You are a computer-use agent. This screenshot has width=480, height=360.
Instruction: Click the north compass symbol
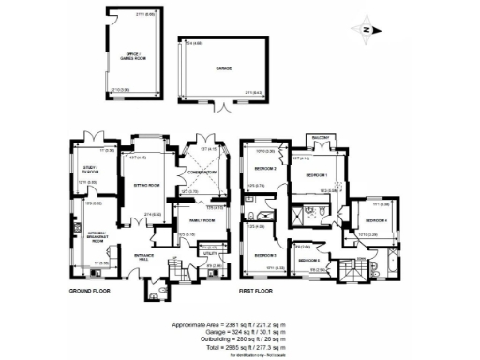click(x=365, y=28)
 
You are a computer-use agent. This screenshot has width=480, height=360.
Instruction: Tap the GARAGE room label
click(x=224, y=67)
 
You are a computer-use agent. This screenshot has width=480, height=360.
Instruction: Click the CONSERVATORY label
click(x=202, y=171)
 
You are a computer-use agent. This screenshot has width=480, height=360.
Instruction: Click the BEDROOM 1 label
click(x=316, y=175)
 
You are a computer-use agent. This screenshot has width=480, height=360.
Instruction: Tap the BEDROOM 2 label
click(x=264, y=169)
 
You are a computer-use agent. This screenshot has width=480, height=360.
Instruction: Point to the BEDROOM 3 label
click(x=265, y=254)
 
